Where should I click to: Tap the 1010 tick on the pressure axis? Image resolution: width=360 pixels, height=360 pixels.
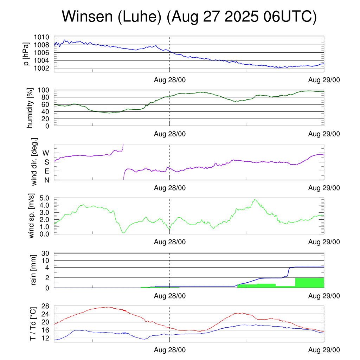(44, 37)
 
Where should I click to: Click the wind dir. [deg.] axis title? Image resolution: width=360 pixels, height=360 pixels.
(34, 162)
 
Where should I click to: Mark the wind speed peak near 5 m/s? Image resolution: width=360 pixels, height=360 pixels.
(255, 200)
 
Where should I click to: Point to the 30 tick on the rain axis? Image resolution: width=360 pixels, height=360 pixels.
(46, 253)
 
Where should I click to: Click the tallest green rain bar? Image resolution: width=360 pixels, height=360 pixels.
(309, 283)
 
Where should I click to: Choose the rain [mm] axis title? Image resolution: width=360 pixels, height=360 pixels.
(34, 270)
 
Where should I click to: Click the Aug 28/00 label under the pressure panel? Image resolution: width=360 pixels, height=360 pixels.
(170, 80)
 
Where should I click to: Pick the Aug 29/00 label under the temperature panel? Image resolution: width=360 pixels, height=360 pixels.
(324, 350)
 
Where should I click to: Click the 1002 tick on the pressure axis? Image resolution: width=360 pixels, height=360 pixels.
(44, 68)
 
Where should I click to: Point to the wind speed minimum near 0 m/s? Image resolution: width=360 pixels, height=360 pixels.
(123, 233)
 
